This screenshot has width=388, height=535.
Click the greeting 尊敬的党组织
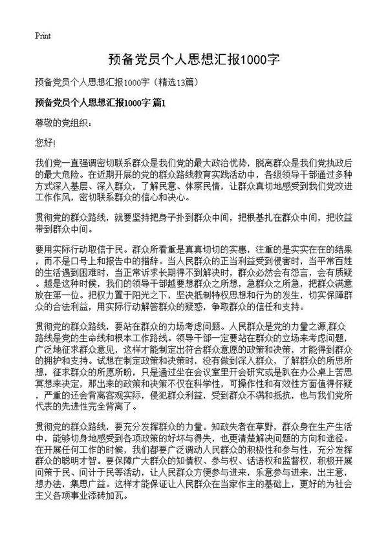[x=63, y=122]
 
